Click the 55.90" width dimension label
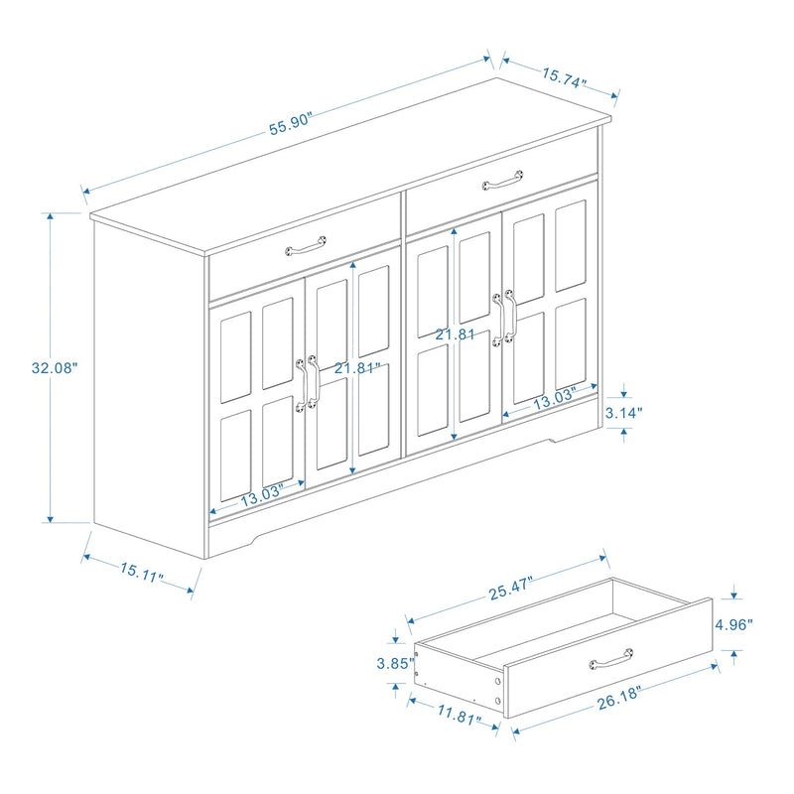tap(291, 121)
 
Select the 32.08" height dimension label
tap(54, 367)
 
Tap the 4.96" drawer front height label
tap(733, 624)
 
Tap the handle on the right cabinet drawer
tap(503, 182)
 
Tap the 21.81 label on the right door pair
tap(454, 334)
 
